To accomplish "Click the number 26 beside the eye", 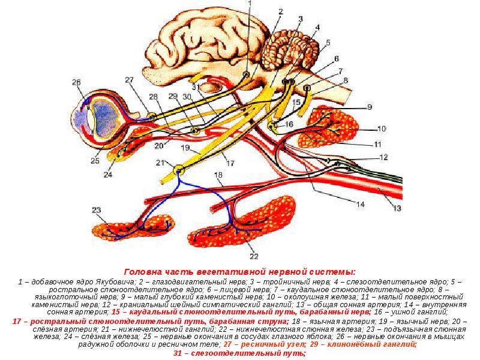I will click(76, 83).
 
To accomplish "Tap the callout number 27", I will click(130, 80).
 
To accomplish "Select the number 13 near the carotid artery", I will click(396, 208).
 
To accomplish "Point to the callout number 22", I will click(254, 257).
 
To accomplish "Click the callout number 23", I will click(97, 209).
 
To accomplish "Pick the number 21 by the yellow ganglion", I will click(159, 163).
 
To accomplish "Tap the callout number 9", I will click(370, 107).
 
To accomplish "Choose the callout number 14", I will click(361, 204).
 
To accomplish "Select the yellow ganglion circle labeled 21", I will click(178, 170).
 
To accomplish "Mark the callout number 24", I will click(107, 175).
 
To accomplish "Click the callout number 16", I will click(289, 124).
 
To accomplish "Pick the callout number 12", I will click(383, 157).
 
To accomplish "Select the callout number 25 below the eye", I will click(94, 160).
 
